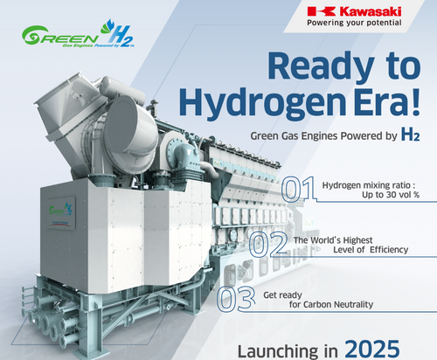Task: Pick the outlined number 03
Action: (x=234, y=298)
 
